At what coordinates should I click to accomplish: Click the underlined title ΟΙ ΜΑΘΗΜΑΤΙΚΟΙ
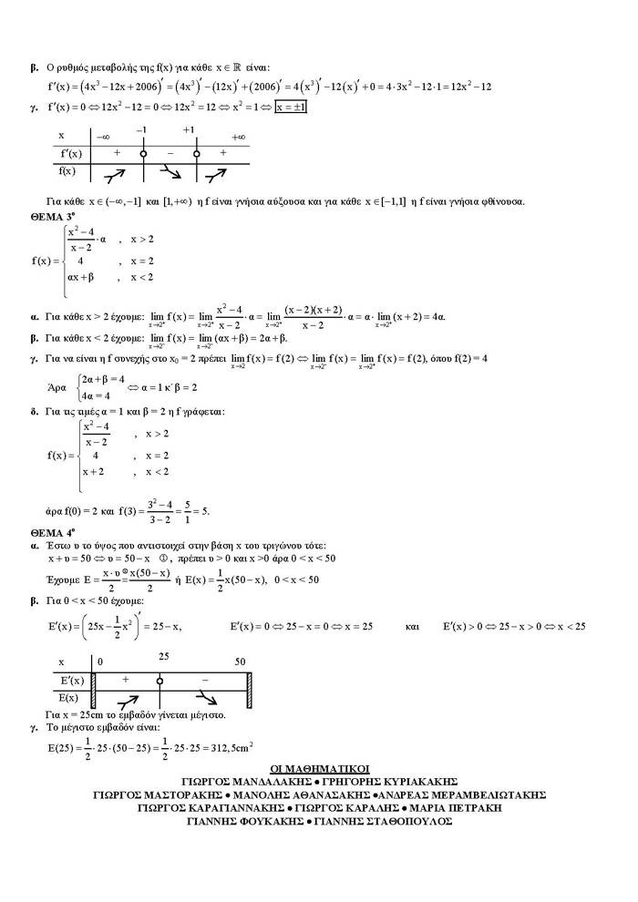[x=319, y=770]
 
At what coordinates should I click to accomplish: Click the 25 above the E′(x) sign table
[x=163, y=656]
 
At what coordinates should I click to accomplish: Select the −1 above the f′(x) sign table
[x=142, y=129]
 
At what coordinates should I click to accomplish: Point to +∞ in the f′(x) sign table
[x=239, y=138]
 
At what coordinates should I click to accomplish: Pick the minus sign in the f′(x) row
[x=170, y=153]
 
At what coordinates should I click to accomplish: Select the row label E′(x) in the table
[x=70, y=681]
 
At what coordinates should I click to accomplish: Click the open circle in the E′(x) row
[x=159, y=681]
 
